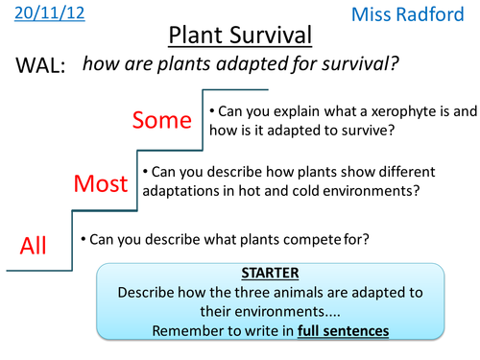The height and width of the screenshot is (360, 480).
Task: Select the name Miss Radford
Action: click(x=419, y=14)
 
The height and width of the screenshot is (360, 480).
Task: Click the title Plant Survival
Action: click(x=240, y=36)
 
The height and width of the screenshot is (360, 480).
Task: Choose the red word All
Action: click(x=34, y=247)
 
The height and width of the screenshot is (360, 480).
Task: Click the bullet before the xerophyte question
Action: click(x=212, y=109)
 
